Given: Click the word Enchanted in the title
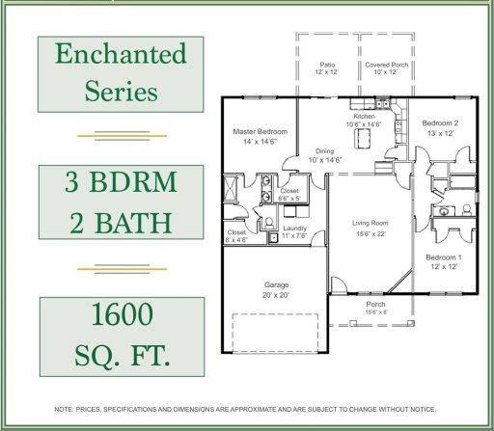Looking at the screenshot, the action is coord(121,54).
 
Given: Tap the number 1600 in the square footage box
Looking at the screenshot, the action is coord(123,314).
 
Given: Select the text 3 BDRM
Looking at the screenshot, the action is coord(121,181).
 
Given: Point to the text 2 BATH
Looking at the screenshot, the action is coord(121,223).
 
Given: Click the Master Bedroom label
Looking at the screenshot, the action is coord(261,136).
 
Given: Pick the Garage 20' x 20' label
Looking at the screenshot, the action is coord(276,290).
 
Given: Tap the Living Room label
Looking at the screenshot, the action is coord(370,228).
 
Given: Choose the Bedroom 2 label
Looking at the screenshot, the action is coord(440,128).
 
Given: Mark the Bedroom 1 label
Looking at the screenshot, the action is coord(444,261).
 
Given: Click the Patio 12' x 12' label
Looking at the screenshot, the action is coord(327,68).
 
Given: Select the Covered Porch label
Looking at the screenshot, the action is coord(387,68).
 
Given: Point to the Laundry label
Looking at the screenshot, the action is coord(294,231).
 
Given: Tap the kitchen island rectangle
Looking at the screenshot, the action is coord(362,138).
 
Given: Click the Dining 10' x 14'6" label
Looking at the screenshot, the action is coord(325,155).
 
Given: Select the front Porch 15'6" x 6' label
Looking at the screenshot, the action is coord(376,308).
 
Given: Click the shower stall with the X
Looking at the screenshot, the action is coord(230,188).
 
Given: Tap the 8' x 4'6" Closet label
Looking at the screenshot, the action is coord(236,236).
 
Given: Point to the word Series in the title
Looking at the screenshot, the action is coord(122,92).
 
